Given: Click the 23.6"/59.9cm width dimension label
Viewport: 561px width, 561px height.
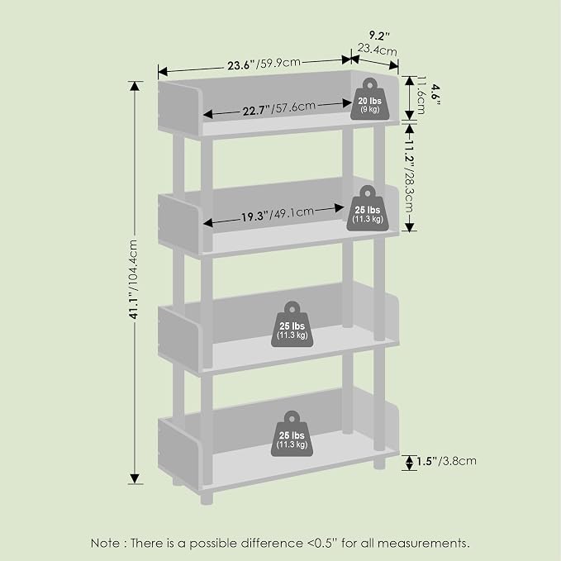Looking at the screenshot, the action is pyautogui.click(x=264, y=64).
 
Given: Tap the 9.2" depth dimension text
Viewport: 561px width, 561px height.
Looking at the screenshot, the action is pyautogui.click(x=379, y=36).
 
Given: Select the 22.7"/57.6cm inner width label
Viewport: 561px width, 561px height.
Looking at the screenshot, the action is pyautogui.click(x=279, y=108).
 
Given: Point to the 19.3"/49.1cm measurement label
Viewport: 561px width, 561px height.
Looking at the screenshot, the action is pyautogui.click(x=278, y=214).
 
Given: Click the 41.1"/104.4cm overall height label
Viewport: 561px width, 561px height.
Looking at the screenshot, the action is pyautogui.click(x=134, y=279).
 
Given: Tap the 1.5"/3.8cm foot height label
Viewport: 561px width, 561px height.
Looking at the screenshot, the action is pyautogui.click(x=446, y=461).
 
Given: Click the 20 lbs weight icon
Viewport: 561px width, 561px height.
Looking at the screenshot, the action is pyautogui.click(x=370, y=99).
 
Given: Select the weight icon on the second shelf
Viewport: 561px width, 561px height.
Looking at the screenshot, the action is pyautogui.click(x=368, y=208).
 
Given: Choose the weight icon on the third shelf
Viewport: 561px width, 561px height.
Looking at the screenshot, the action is pyautogui.click(x=292, y=325).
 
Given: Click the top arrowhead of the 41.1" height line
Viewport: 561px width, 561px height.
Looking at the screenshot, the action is pyautogui.click(x=135, y=86).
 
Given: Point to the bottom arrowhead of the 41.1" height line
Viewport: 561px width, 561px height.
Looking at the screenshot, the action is pyautogui.click(x=135, y=479).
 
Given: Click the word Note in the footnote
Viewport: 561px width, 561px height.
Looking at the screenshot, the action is pyautogui.click(x=106, y=543).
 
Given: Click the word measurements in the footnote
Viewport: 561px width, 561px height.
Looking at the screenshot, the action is pyautogui.click(x=423, y=543).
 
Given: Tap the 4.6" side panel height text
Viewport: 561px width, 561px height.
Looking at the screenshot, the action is pyautogui.click(x=435, y=95).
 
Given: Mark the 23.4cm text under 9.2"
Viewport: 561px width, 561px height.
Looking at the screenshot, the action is pyautogui.click(x=377, y=50).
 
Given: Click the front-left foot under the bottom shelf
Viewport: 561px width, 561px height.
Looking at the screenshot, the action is pyautogui.click(x=207, y=498).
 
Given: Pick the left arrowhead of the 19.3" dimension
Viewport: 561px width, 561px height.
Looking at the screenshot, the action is pyautogui.click(x=208, y=223).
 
